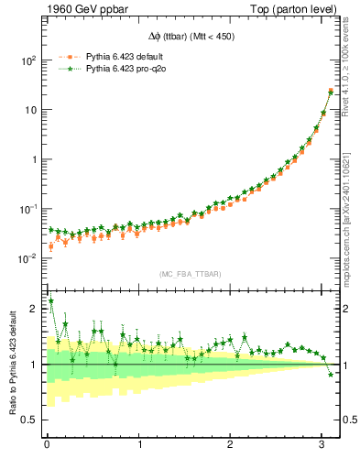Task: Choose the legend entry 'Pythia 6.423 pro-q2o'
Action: pyautogui.click(x=120, y=69)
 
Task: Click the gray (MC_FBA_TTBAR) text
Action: pyautogui.click(x=190, y=274)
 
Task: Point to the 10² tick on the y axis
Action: pyautogui.click(x=28, y=60)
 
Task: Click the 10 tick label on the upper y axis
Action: pyautogui.click(x=32, y=110)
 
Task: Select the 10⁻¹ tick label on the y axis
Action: pyautogui.click(x=28, y=209)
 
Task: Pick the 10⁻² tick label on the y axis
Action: pyautogui.click(x=28, y=258)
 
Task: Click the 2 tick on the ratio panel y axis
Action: pyautogui.click(x=36, y=309)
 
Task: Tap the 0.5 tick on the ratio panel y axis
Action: pyautogui.click(x=31, y=420)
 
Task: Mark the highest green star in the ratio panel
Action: pyautogui.click(x=51, y=300)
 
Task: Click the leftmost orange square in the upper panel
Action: pyautogui.click(x=51, y=246)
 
